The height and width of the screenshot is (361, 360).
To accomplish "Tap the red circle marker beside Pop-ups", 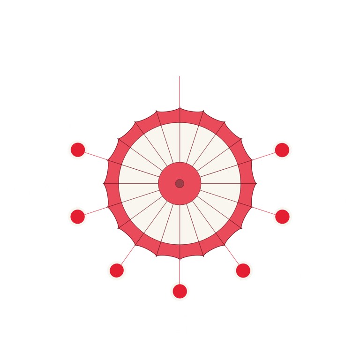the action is (x=78, y=150).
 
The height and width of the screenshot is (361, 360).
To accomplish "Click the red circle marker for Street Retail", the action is (x=282, y=150).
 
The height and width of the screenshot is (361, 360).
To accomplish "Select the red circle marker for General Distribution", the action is (x=282, y=217).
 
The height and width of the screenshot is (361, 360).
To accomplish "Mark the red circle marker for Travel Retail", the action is (x=243, y=271).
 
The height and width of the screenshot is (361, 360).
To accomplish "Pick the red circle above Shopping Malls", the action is (x=180, y=292).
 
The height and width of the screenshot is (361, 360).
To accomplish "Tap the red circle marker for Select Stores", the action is (x=116, y=271).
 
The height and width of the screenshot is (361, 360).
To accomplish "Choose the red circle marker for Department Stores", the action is (x=77, y=217).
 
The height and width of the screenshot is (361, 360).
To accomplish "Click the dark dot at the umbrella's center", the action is (x=180, y=183).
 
